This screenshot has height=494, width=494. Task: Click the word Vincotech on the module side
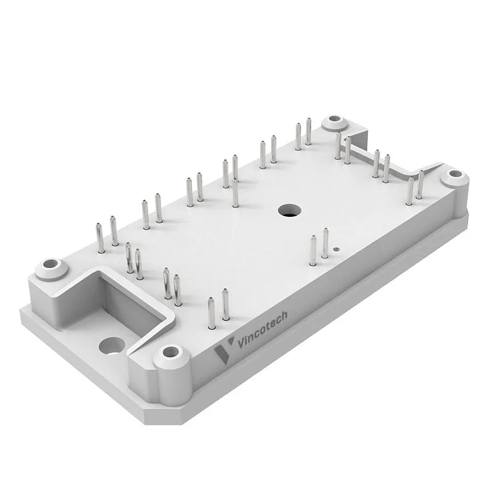(x=262, y=329)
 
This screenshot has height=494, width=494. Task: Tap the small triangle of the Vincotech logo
(x=231, y=341)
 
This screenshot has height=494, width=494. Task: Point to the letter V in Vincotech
(x=241, y=343)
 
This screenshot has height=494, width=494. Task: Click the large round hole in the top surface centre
(x=290, y=211)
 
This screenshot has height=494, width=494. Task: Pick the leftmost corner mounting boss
(x=51, y=269)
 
